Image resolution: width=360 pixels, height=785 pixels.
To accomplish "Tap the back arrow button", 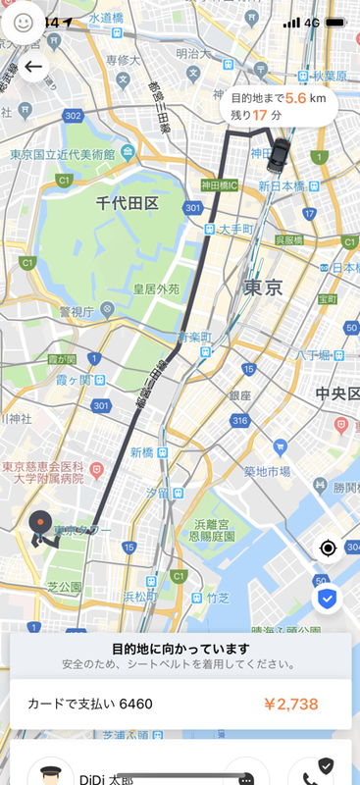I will [x=33, y=67].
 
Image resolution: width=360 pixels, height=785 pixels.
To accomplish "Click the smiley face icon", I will [x=23, y=21].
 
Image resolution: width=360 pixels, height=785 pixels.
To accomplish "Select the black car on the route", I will [x=282, y=153].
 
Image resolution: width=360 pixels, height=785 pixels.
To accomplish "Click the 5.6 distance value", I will [x=297, y=99].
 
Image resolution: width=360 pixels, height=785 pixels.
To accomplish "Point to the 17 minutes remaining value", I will [x=260, y=116].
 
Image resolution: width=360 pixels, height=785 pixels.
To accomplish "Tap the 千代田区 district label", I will [x=128, y=202].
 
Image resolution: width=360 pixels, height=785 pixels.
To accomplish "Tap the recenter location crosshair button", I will [x=328, y=548].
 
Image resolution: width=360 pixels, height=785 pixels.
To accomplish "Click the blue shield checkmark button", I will [x=328, y=598].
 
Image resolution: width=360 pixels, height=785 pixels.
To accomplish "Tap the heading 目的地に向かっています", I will [x=180, y=649].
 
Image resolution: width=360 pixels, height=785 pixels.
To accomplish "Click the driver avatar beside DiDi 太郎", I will [x=50, y=773].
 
